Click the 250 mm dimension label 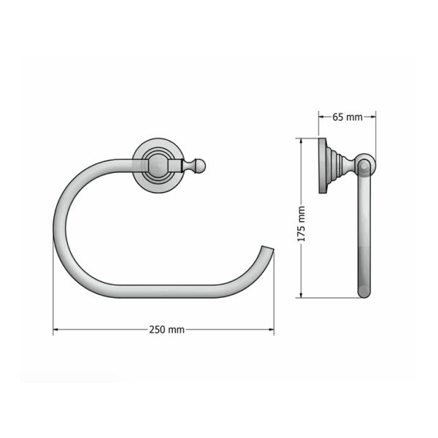[x=166, y=329]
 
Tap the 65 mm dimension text [x=347, y=117]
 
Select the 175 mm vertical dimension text [x=301, y=224]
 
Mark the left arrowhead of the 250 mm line [x=56, y=330]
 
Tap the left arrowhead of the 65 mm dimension [x=321, y=116]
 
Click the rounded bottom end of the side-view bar [x=363, y=293]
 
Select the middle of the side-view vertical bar [x=363, y=234]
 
